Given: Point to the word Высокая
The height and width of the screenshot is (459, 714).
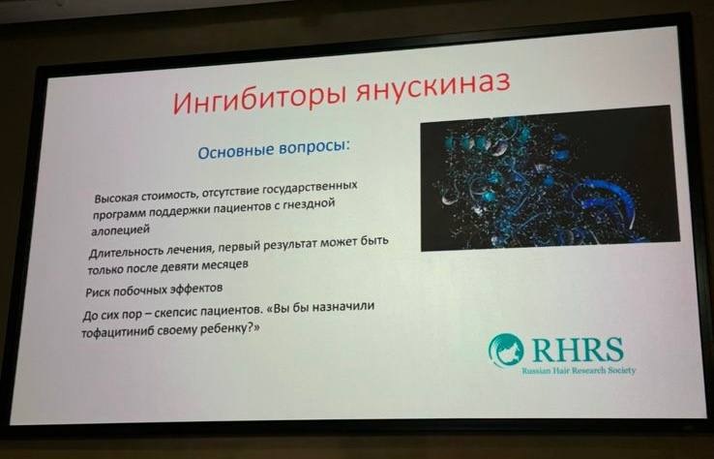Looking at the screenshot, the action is coord(116,199).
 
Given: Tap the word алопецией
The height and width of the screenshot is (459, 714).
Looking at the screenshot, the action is coord(121,229).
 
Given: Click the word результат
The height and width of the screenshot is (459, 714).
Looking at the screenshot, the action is coord(286,244).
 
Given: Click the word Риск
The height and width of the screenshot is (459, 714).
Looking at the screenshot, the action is coord(98,292).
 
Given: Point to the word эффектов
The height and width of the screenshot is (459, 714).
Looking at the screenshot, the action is coord(196,289).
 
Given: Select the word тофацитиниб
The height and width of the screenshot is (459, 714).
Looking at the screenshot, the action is coord(118,333).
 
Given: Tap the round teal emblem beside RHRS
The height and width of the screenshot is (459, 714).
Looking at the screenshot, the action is coord(506,350).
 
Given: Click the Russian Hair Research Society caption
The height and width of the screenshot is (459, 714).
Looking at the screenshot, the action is coord(579,370).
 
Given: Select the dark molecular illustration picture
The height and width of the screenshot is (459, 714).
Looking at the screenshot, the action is coord(550,178).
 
